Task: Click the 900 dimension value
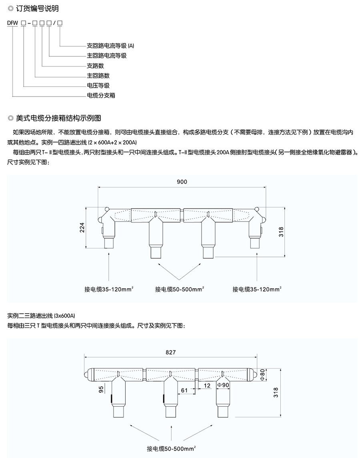click(x=182, y=181)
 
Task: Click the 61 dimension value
click(x=184, y=390)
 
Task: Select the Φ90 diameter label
click(x=222, y=385)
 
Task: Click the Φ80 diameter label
click(x=262, y=376)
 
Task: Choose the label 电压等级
click(x=98, y=85)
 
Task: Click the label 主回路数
click(x=98, y=75)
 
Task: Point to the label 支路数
click(x=95, y=66)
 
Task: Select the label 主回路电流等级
click(x=106, y=56)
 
